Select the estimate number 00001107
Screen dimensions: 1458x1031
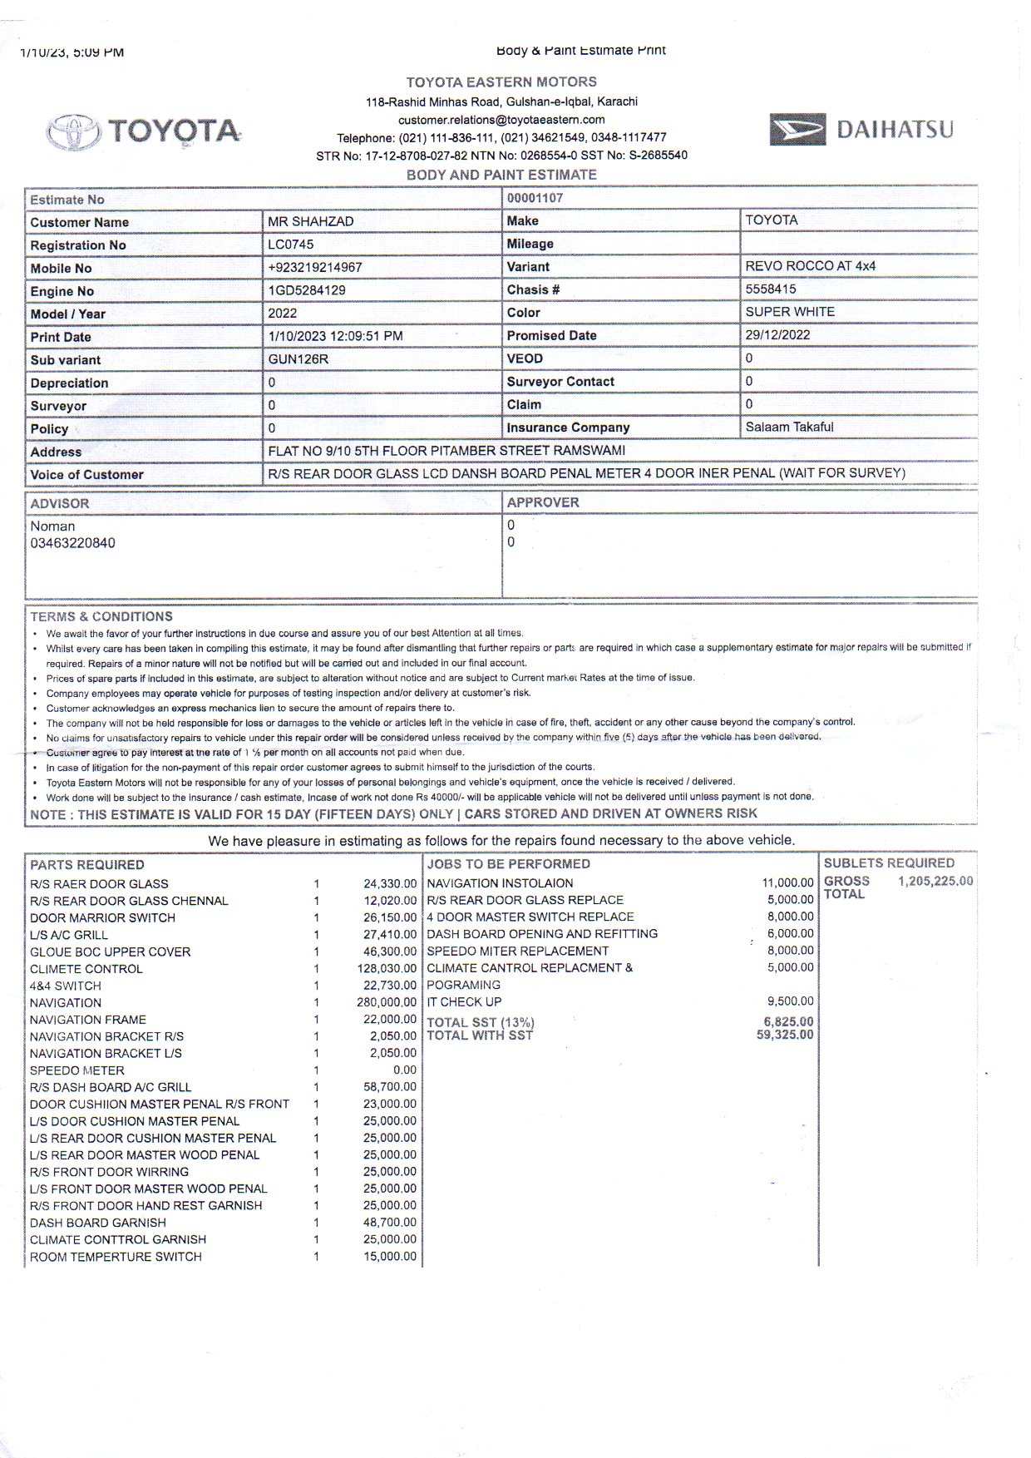point(535,198)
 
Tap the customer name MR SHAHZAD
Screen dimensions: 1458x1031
point(310,221)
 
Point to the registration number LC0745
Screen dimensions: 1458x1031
point(291,245)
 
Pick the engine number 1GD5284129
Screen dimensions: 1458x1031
point(306,290)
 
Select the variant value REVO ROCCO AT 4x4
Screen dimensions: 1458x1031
point(810,266)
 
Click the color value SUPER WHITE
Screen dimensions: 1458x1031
point(789,312)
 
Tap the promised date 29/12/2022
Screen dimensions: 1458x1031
point(777,335)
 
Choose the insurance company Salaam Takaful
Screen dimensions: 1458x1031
point(789,427)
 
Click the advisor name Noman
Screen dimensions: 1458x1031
point(52,526)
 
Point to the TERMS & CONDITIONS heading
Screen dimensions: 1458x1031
point(101,616)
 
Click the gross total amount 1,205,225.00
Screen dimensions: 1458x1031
point(935,882)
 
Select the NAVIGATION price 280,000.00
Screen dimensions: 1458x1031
point(386,1003)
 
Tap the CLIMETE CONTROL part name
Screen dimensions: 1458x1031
point(86,969)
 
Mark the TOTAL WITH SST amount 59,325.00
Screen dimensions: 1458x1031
point(784,1035)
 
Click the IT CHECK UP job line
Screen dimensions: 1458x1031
point(464,1002)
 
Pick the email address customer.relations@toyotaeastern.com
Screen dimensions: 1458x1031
point(501,120)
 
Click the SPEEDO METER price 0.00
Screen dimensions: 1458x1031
point(404,1070)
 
